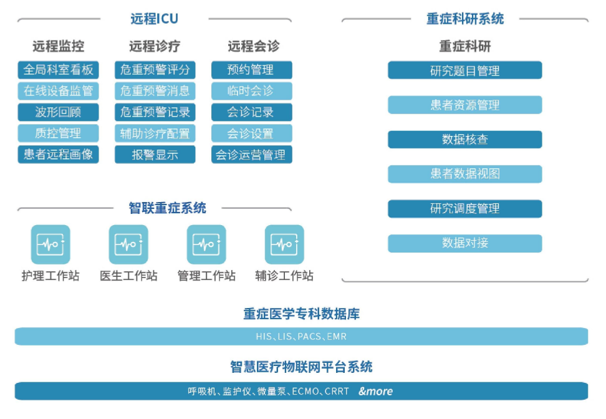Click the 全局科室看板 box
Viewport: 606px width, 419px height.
tap(59, 70)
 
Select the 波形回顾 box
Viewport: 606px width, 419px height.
tap(59, 112)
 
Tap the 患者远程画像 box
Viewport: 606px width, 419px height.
tap(59, 154)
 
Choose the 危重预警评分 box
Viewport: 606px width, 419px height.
tap(155, 70)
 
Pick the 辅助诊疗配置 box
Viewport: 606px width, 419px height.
tap(155, 133)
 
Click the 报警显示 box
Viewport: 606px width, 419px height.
tap(155, 154)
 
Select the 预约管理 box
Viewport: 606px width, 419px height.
tap(252, 70)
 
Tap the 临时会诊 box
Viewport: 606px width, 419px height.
tap(252, 91)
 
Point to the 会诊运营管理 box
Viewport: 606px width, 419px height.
tap(252, 154)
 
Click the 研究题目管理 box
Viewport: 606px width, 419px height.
tap(465, 70)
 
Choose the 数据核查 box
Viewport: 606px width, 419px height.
tap(465, 140)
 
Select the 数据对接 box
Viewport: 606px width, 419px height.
tap(465, 243)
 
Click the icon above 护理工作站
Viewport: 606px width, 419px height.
tap(50, 244)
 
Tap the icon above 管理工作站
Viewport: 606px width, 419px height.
tap(206, 244)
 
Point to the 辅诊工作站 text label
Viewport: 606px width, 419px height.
tap(284, 276)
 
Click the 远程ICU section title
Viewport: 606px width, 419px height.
tap(154, 19)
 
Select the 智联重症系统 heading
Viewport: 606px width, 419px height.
tap(167, 208)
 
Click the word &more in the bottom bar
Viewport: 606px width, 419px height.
tap(376, 391)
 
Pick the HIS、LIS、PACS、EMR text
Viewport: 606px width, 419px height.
tap(302, 337)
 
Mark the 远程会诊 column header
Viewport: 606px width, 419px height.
tap(254, 46)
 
